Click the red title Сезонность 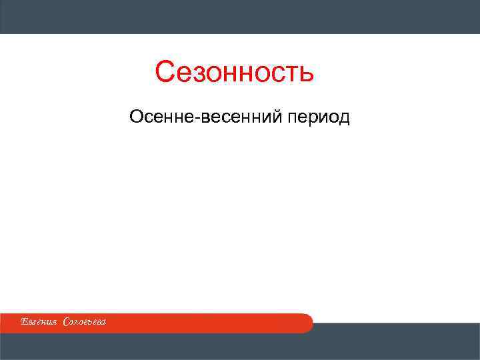pos(234,72)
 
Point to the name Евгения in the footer pos(40,323)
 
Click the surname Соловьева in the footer pos(85,323)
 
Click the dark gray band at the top pos(240,17)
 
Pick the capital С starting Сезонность pos(165,72)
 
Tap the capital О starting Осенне pos(137,118)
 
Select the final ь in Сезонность pos(305,73)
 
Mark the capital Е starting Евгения pos(23,323)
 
